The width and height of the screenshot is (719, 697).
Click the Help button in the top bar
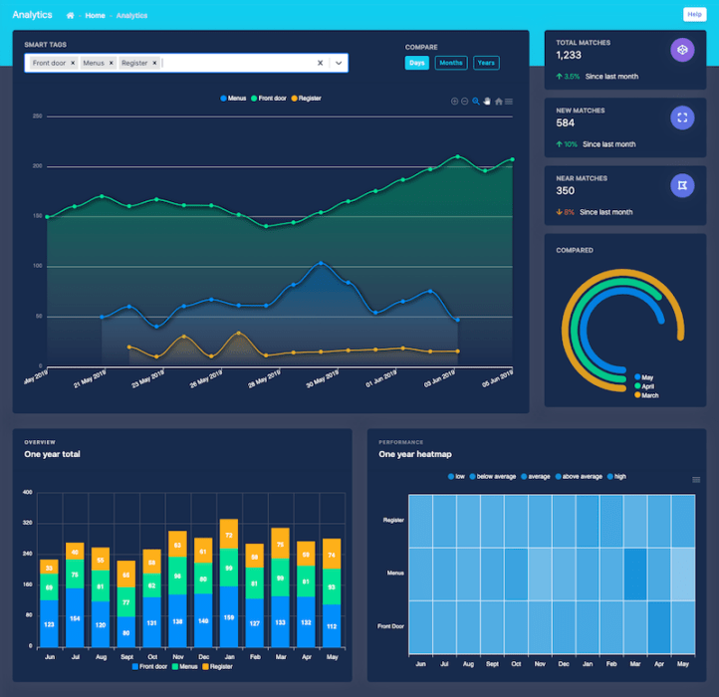tap(693, 14)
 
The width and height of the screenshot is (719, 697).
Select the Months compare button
tap(450, 63)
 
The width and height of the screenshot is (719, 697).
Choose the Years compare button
tap(486, 63)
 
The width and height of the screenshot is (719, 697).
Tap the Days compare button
tap(416, 63)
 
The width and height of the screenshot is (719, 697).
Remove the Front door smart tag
tap(73, 63)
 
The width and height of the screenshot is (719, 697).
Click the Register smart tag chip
tap(134, 63)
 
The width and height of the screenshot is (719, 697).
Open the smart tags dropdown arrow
tap(339, 63)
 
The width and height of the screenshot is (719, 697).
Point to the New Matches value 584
tap(566, 123)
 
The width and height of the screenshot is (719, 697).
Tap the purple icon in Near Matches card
tap(682, 185)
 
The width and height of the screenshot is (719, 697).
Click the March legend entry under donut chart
tap(647, 395)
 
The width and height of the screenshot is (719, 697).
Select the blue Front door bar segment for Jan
tap(228, 616)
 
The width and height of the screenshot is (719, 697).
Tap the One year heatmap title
tap(415, 454)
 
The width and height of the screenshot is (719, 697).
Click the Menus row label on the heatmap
tap(394, 573)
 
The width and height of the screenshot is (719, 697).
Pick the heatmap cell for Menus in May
tap(682, 574)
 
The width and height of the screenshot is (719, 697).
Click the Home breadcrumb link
tap(95, 15)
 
